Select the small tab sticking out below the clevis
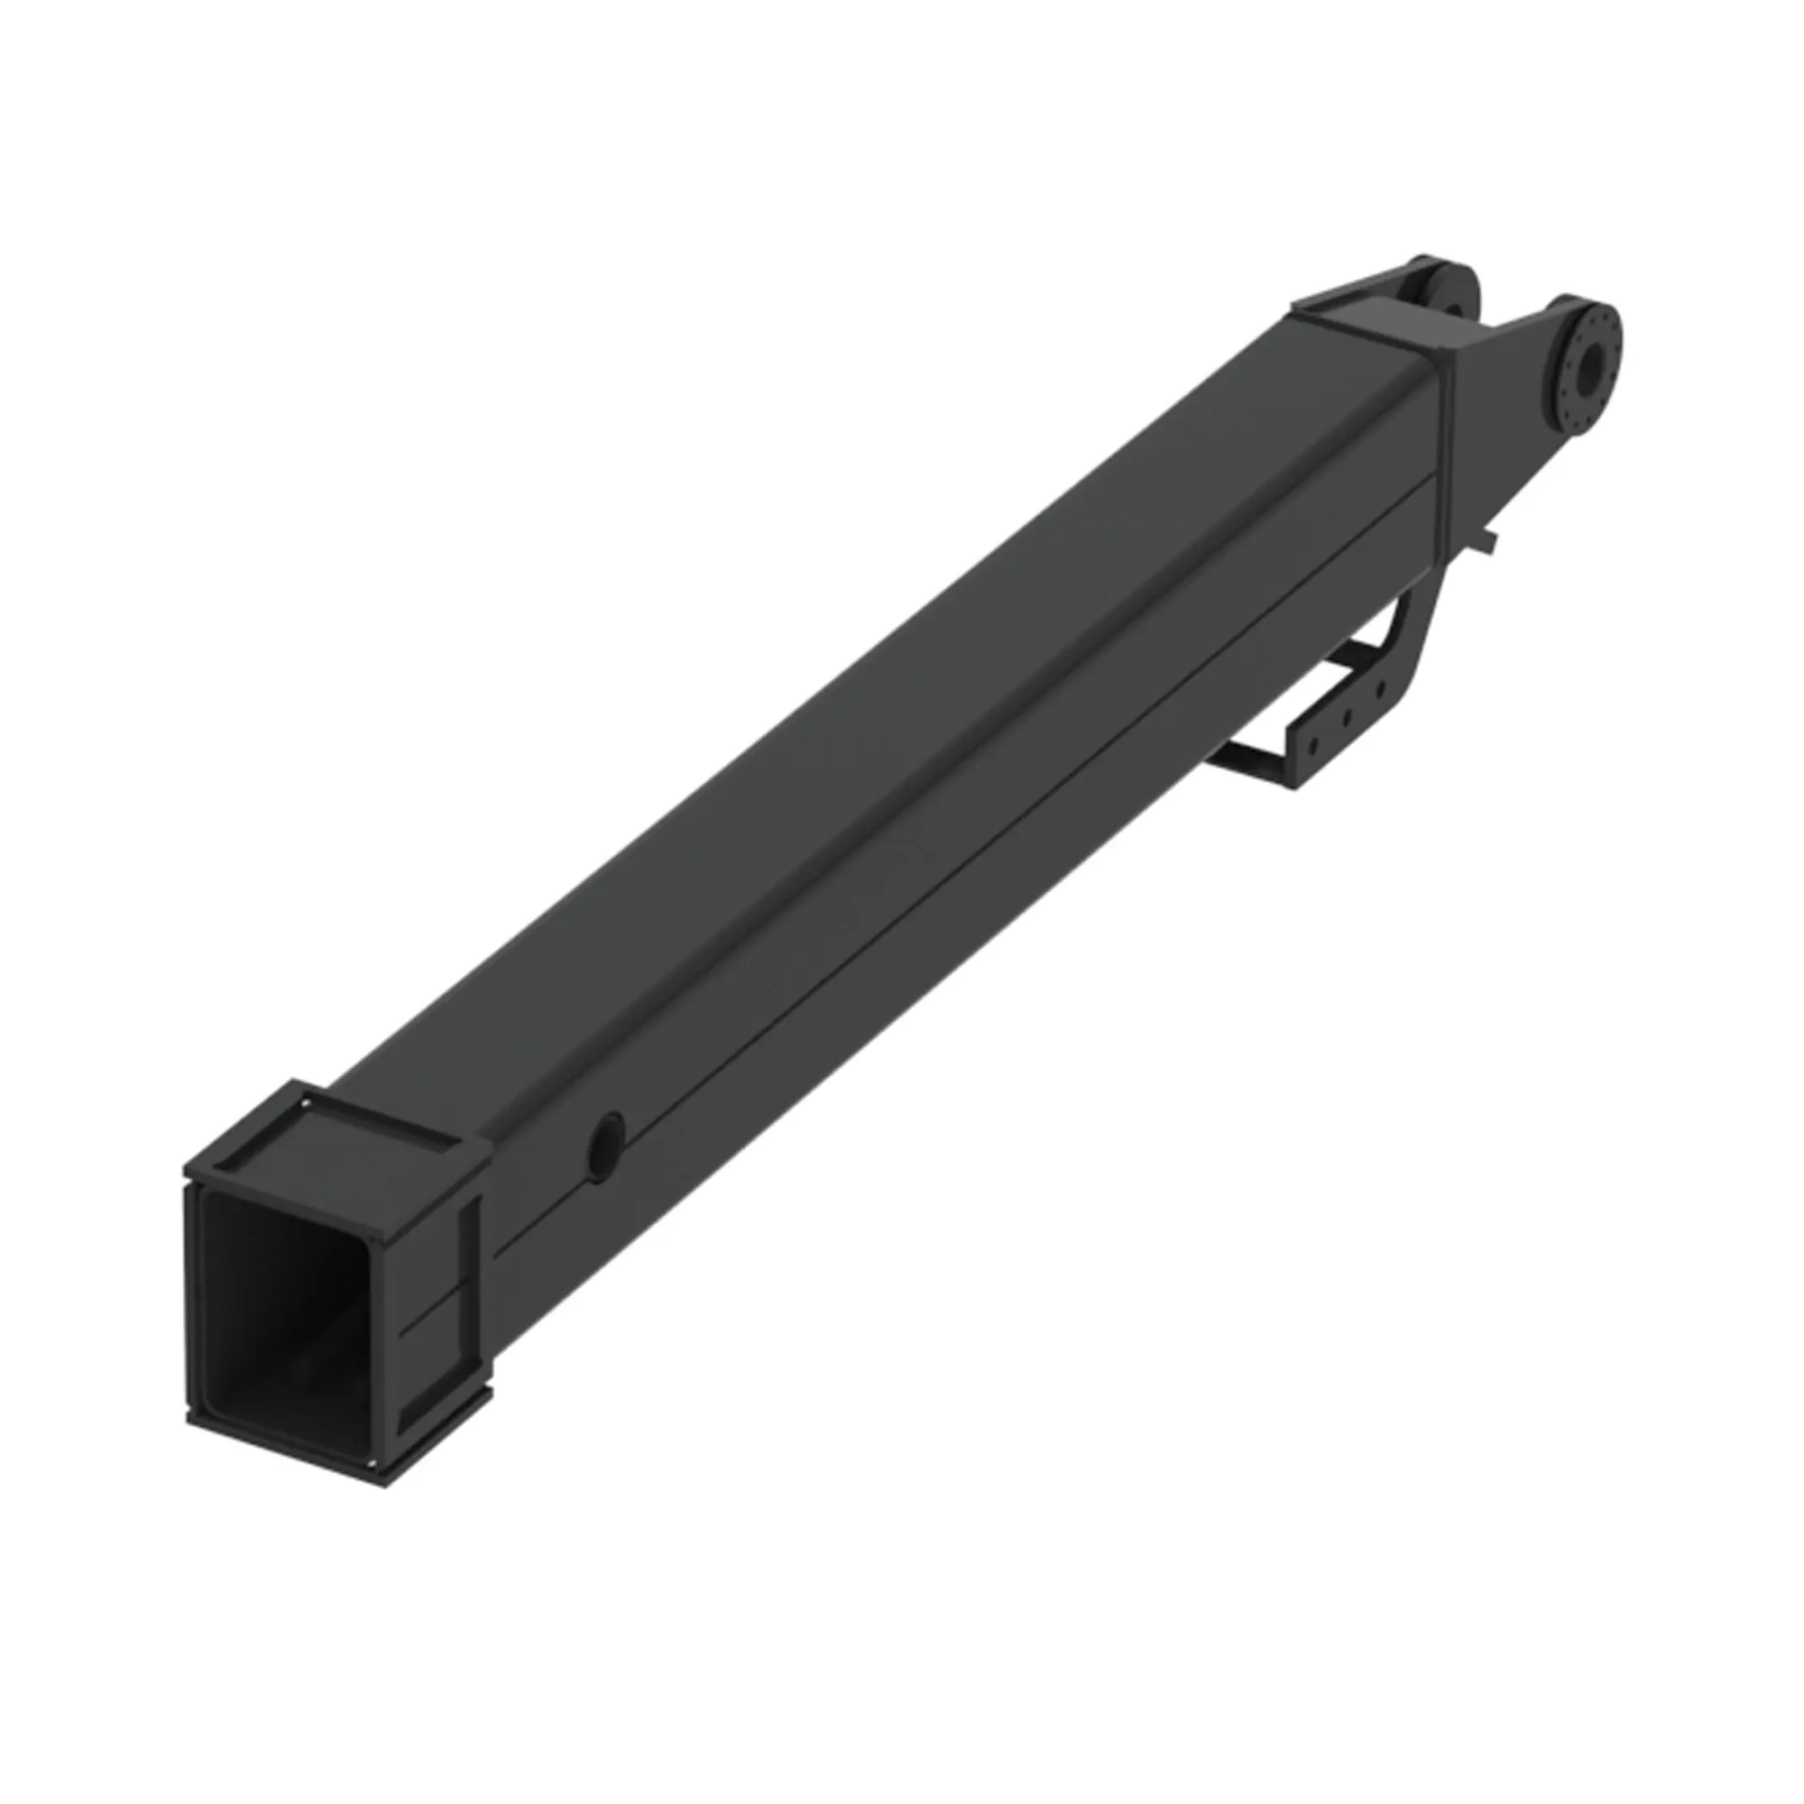[x=1489, y=542]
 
